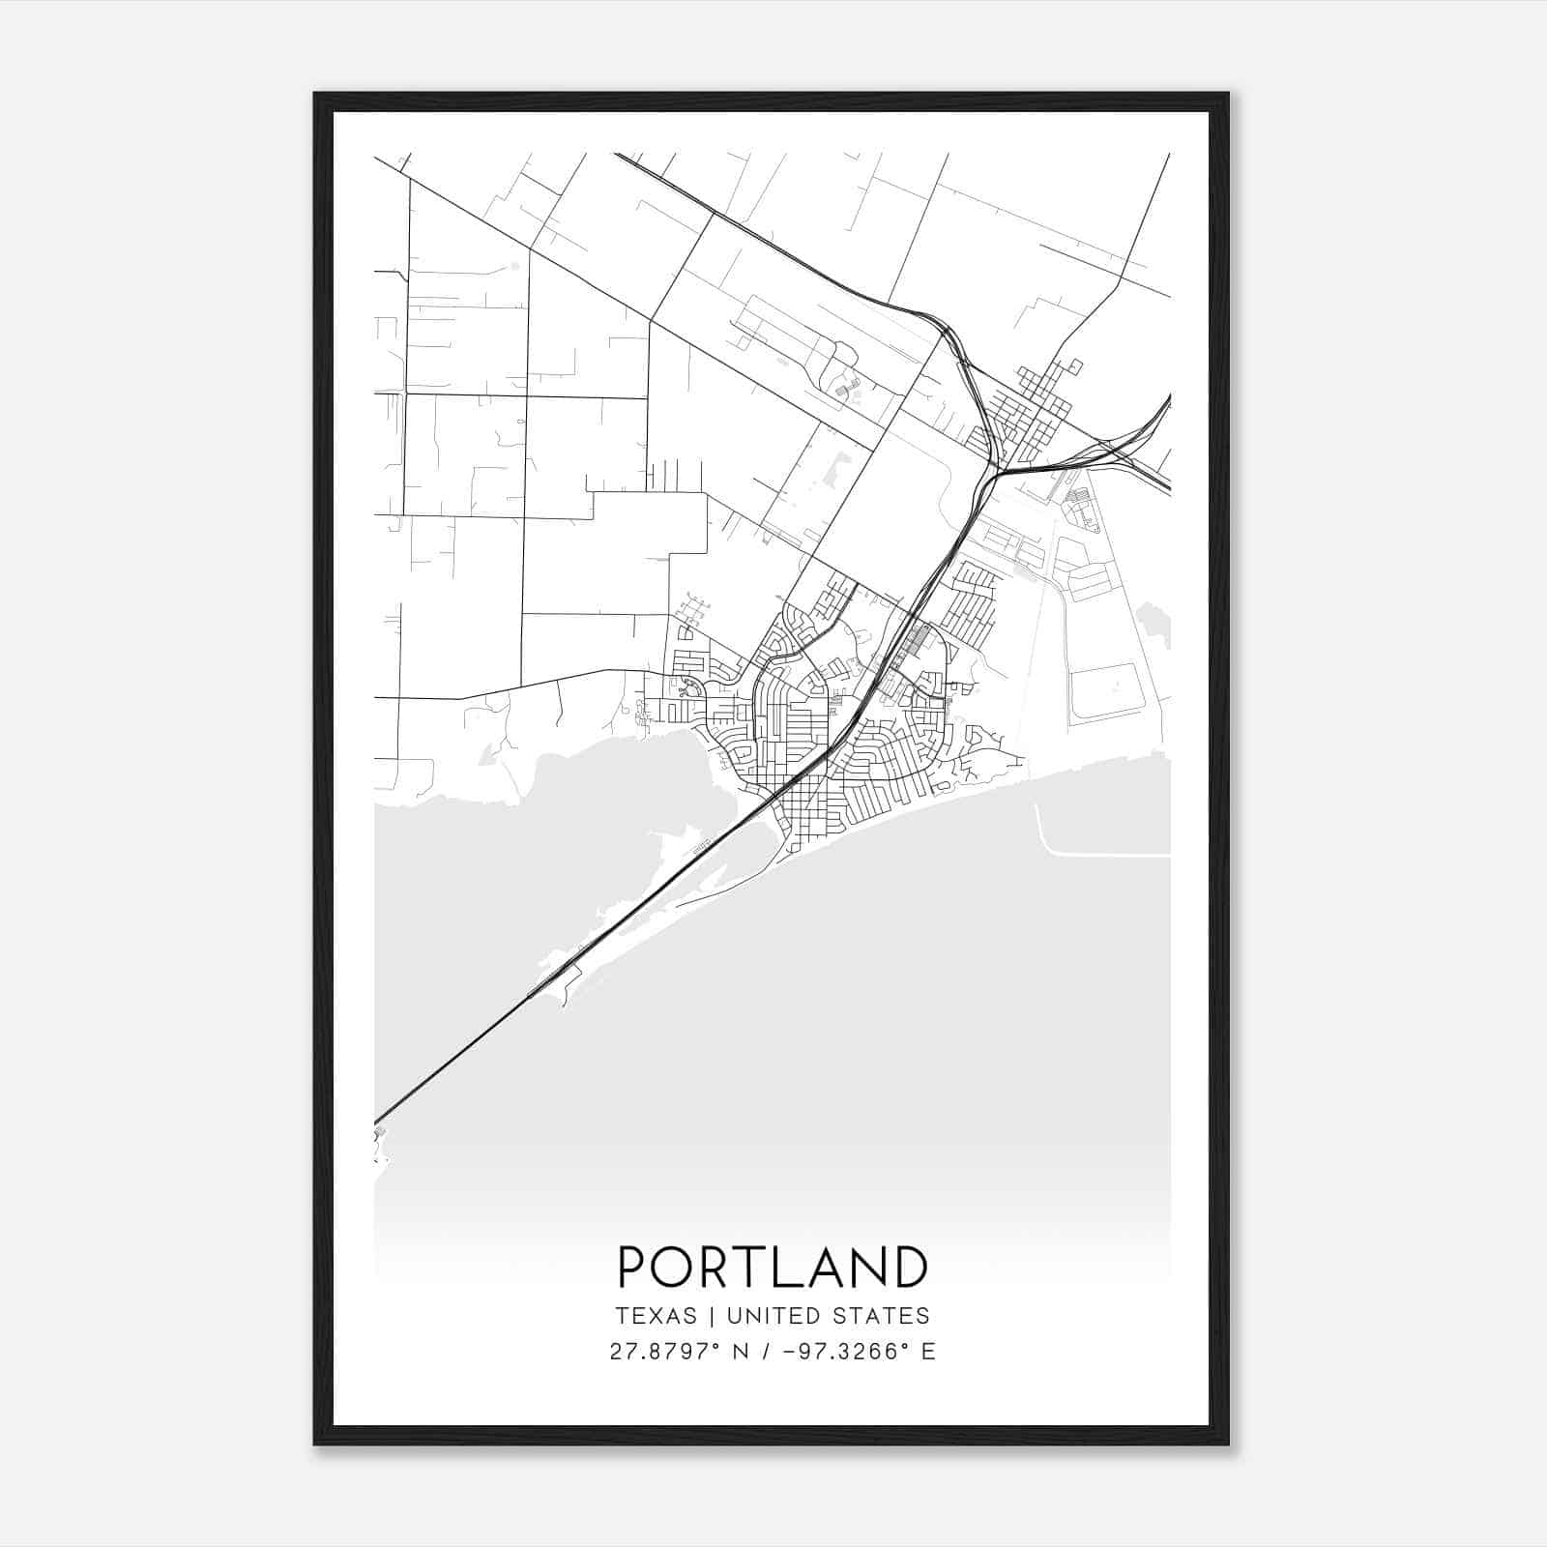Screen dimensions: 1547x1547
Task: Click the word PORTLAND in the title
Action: [773, 1267]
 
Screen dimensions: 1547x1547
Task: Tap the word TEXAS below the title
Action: [656, 1316]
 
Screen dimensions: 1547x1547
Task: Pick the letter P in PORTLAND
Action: [632, 1267]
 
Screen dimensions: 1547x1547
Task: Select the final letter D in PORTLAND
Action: [910, 1267]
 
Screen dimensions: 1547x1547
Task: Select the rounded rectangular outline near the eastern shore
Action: [1107, 691]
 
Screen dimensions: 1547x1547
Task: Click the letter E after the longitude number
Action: [928, 1352]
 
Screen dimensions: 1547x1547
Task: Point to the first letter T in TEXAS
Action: [622, 1316]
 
